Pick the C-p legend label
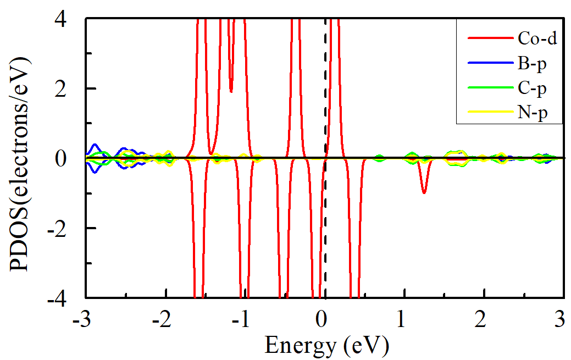[x=532, y=87]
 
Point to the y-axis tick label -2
[x=68, y=228]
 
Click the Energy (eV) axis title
[x=327, y=346]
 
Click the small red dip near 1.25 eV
[x=424, y=192]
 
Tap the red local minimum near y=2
[x=231, y=91]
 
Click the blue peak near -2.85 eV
[x=95, y=145]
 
